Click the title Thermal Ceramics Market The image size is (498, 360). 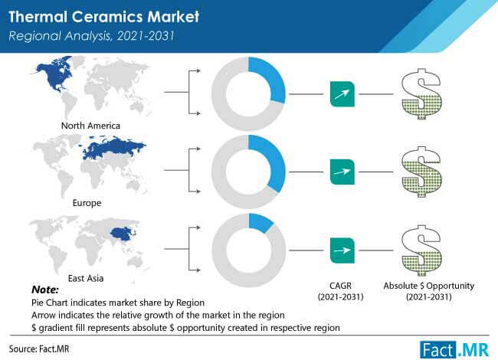click(x=104, y=17)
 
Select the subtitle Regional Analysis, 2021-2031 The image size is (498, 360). click(x=91, y=36)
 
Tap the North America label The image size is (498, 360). click(x=90, y=126)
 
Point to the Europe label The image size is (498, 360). click(x=87, y=203)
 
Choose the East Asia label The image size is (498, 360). click(x=86, y=278)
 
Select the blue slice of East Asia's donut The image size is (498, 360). click(x=260, y=222)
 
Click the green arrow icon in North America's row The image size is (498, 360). click(x=342, y=94)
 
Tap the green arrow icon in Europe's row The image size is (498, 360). click(x=342, y=172)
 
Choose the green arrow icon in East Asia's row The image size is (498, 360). click(x=342, y=250)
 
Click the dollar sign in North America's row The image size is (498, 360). click(x=421, y=94)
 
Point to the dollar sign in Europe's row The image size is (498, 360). click(x=421, y=172)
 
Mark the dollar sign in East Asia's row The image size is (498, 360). click(x=421, y=250)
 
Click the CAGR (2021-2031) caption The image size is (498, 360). click(x=340, y=291)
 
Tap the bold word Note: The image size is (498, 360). click(x=45, y=290)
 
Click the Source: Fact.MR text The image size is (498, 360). click(x=39, y=349)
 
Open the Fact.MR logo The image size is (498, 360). click(x=454, y=350)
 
